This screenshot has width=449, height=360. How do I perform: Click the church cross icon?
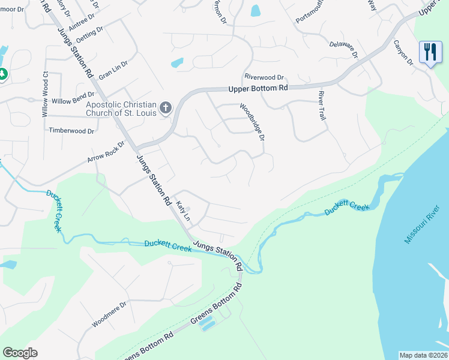click(x=166, y=108)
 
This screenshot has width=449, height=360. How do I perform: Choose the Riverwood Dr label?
click(x=264, y=77)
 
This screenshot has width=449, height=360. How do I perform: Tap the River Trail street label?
click(x=322, y=106)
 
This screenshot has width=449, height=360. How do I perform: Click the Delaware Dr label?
click(x=343, y=49)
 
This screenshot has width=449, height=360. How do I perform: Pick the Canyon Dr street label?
click(x=404, y=53)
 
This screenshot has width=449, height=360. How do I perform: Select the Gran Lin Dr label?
click(x=113, y=70)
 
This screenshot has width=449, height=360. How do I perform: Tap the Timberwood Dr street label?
click(x=71, y=130)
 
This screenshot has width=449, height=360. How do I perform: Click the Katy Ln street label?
click(x=183, y=210)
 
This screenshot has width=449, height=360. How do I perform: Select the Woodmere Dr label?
click(x=109, y=314)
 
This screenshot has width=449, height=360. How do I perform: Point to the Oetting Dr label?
click(x=89, y=34)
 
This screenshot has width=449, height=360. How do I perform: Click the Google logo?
click(x=20, y=353)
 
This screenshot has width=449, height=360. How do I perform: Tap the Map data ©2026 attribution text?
click(x=423, y=355)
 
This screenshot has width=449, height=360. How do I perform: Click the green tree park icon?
click(x=2, y=74)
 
